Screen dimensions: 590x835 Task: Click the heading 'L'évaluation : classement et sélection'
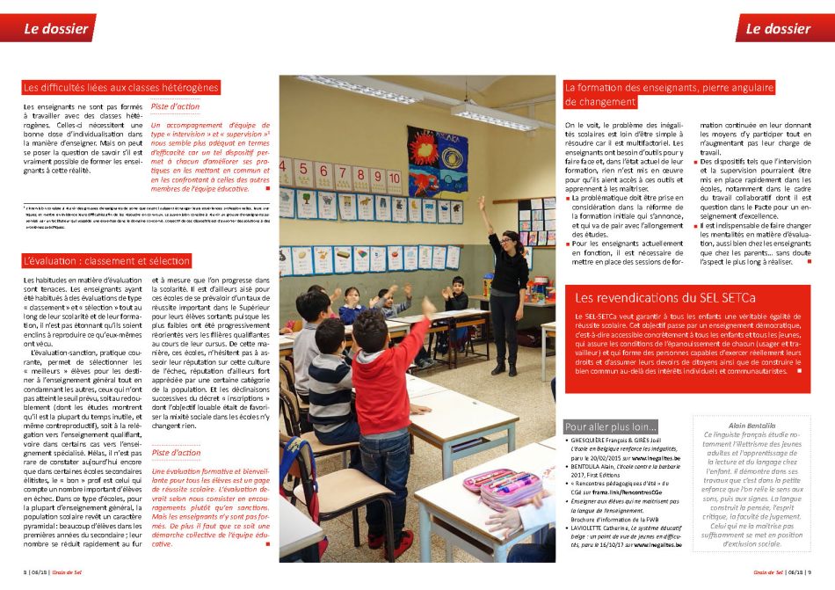click(x=107, y=261)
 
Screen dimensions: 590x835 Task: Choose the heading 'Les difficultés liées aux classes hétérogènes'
click(x=121, y=87)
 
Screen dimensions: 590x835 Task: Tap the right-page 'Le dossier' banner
click(x=777, y=28)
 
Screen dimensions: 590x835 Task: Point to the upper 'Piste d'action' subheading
click(x=175, y=107)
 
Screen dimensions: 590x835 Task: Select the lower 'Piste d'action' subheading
click(x=176, y=452)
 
